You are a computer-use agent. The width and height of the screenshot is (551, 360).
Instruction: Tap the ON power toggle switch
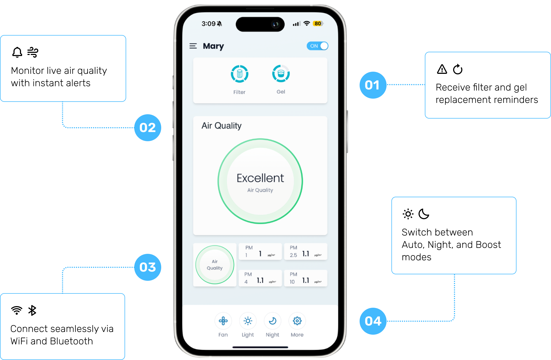317,46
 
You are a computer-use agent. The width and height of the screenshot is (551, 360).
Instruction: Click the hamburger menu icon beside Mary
193,46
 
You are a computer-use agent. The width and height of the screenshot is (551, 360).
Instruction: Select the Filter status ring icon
239,74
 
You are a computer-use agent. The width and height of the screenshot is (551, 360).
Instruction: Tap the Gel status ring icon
281,74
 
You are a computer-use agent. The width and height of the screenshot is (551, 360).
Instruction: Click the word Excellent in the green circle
260,178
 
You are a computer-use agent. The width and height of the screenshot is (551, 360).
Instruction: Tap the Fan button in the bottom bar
223,321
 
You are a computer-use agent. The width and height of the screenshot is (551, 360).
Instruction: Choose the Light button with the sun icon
248,321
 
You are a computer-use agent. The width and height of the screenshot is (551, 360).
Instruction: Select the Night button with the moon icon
273,321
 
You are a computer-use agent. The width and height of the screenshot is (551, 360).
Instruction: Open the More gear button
297,321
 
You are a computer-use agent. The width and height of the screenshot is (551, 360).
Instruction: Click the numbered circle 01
373,85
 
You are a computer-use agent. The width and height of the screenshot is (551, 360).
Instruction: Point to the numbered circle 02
147,128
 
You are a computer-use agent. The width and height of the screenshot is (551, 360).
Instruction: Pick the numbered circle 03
147,267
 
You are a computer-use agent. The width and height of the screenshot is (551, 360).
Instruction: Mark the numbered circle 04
373,321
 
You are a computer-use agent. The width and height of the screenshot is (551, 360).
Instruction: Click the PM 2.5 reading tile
305,252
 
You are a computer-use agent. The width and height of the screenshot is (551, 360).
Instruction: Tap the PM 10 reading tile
305,278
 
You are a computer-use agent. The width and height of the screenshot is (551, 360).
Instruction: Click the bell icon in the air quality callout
17,52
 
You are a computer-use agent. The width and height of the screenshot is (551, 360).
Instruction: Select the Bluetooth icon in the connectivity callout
32,310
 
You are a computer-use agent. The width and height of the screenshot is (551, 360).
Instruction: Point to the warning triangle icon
442,69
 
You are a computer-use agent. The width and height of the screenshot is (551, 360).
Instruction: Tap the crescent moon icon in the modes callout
424,214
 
